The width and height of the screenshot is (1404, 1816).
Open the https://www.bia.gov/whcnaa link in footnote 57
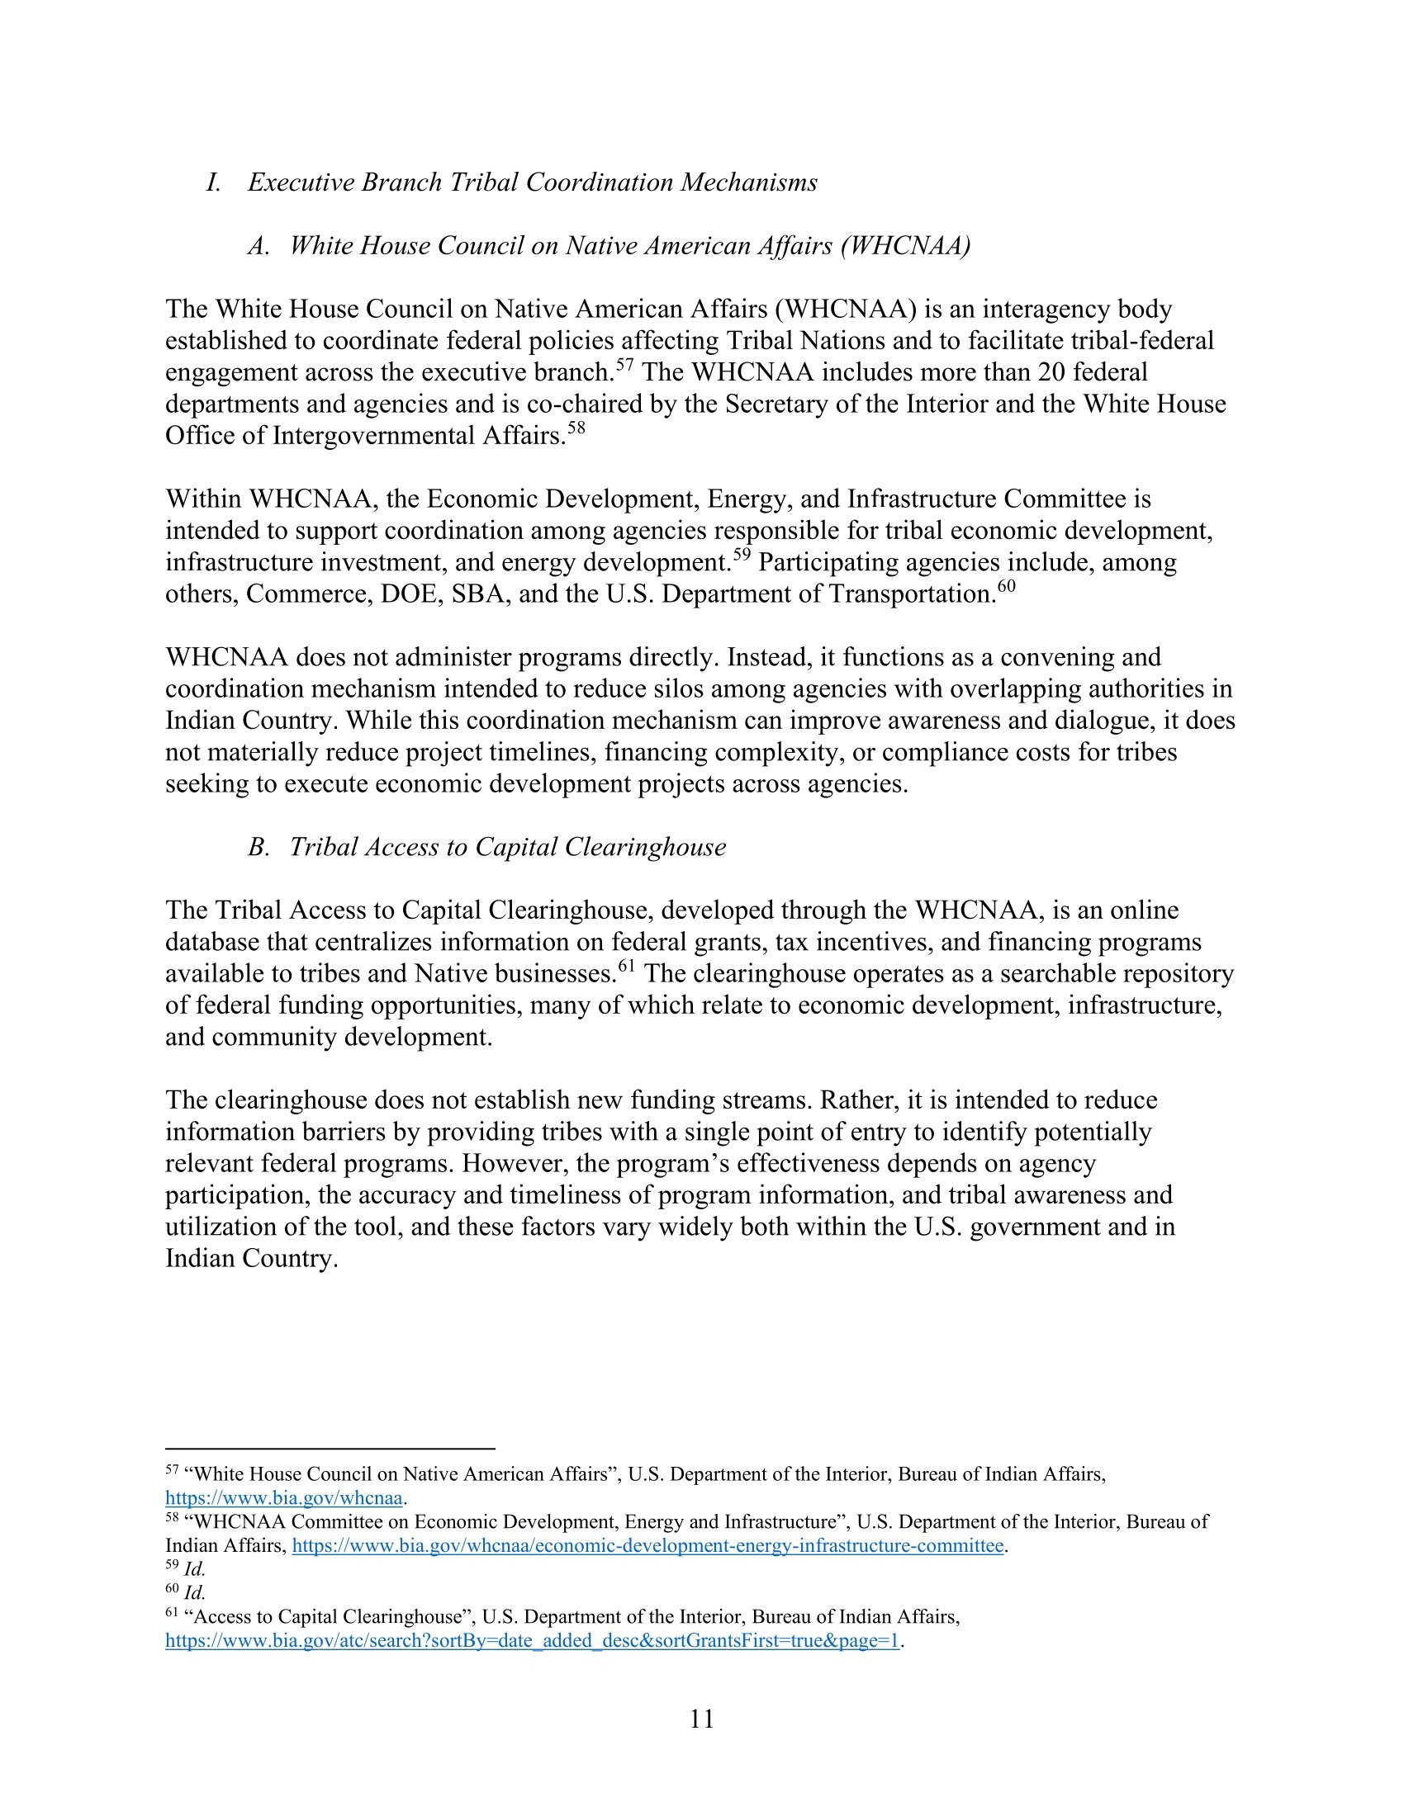pyautogui.click(x=283, y=1498)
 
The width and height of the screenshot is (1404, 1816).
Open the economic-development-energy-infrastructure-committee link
pyautogui.click(x=648, y=1546)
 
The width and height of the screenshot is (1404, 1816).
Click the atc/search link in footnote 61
pyautogui.click(x=533, y=1640)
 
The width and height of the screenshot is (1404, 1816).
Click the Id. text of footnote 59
pyautogui.click(x=195, y=1569)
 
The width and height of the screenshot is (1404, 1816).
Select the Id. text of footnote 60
pyautogui.click(x=195, y=1592)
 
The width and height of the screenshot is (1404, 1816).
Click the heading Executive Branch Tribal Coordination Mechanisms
pyautogui.click(x=533, y=182)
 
